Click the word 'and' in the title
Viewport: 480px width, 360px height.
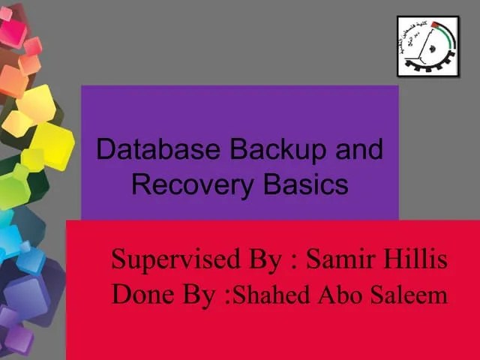[x=358, y=149]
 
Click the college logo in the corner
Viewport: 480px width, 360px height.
[x=427, y=46]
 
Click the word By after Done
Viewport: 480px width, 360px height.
[x=196, y=295]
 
